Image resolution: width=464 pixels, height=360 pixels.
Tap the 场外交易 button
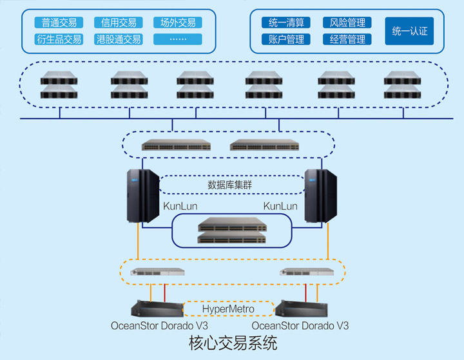(x=178, y=23)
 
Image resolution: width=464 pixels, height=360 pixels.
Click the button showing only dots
(x=178, y=39)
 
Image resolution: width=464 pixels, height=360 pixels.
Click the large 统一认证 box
(x=409, y=31)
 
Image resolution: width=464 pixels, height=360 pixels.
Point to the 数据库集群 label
(x=231, y=185)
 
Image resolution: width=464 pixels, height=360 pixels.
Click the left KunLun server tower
(x=142, y=195)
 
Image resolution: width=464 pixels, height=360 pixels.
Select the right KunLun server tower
(x=321, y=195)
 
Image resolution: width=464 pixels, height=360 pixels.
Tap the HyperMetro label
(x=227, y=309)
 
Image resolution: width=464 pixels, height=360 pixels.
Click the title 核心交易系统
(x=233, y=343)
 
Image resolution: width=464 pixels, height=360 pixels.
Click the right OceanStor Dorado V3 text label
(x=300, y=326)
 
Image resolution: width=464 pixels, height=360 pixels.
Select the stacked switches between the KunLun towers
(x=231, y=231)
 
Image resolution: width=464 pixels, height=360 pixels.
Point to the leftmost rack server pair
(x=59, y=85)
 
